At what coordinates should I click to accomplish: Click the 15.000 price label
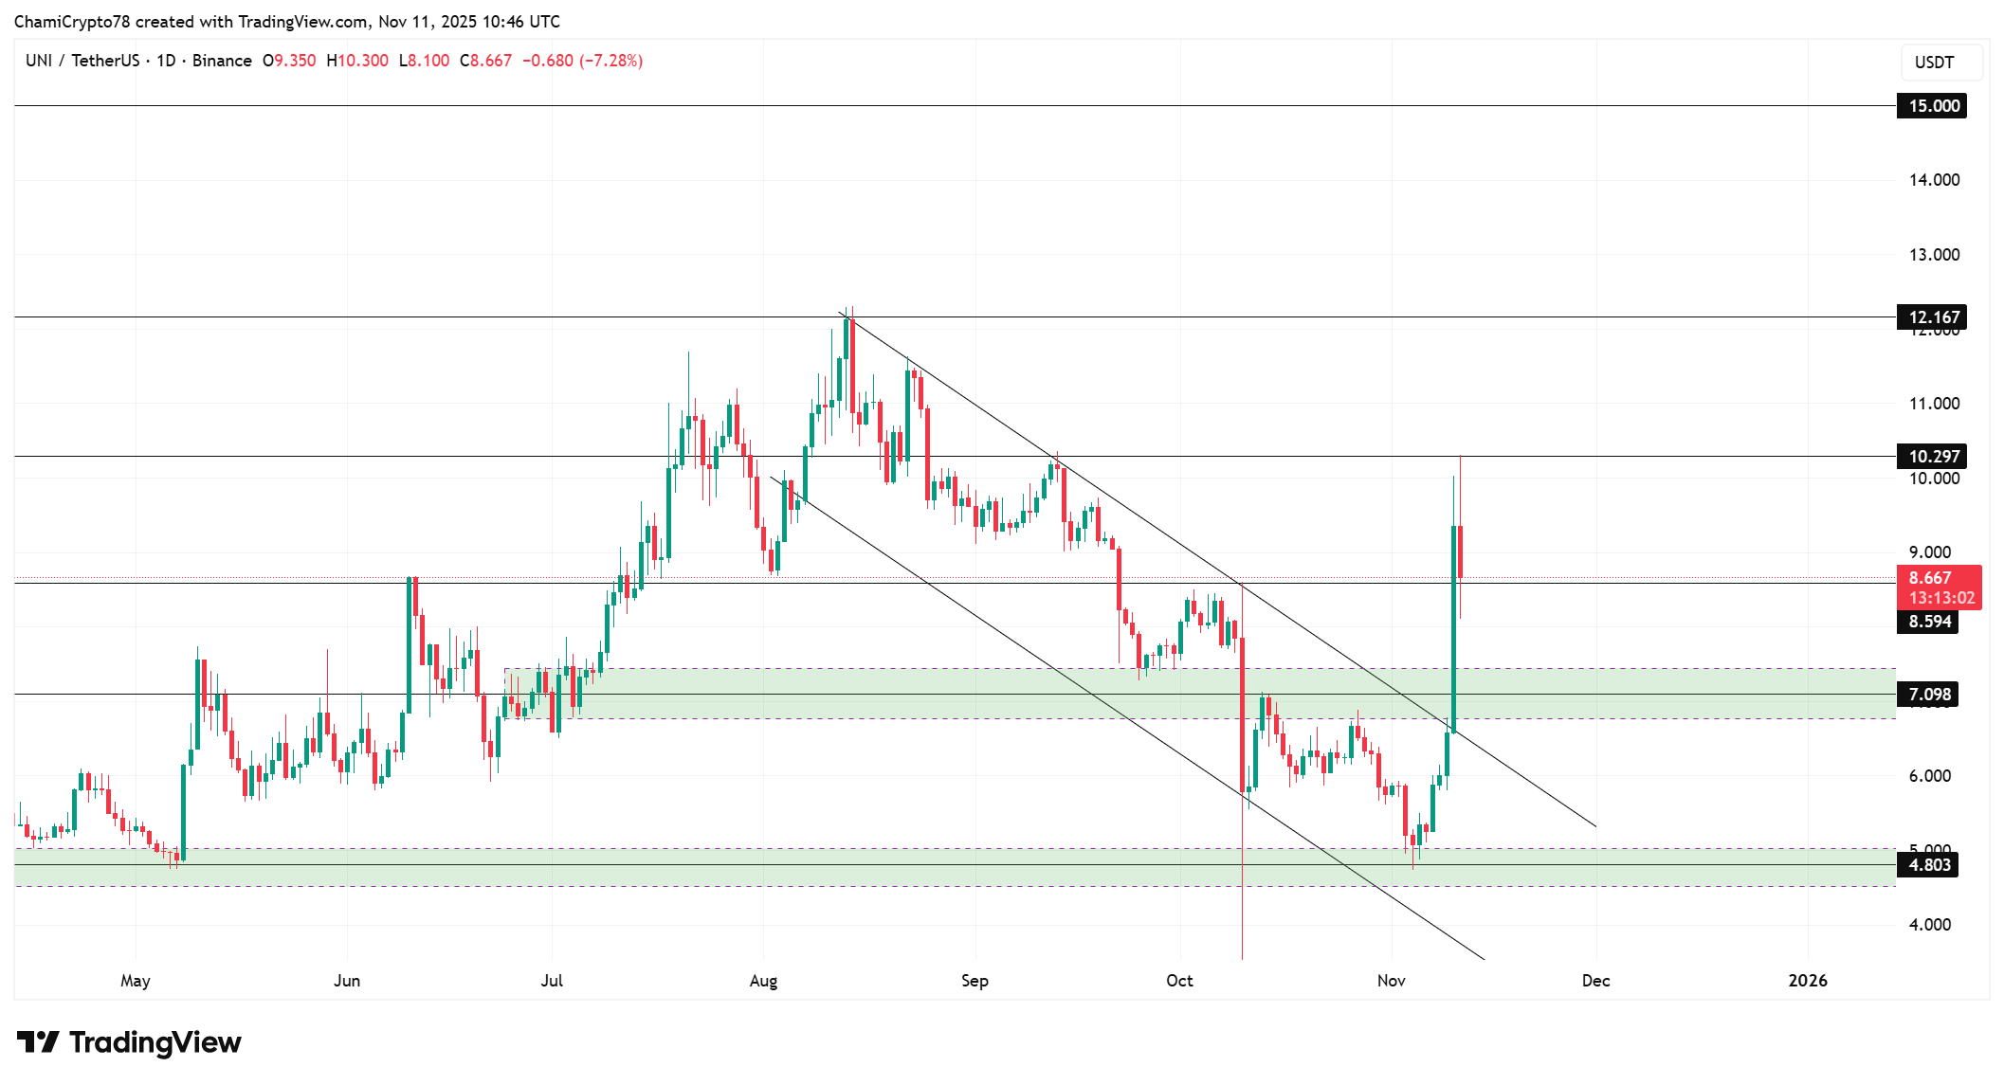coord(1932,106)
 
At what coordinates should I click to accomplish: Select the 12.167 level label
coord(1932,317)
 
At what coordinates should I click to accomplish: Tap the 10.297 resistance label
coord(1932,457)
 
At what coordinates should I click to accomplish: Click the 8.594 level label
coord(1928,622)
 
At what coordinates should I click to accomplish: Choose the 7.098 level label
coord(1928,695)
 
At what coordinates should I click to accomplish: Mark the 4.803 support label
coord(1928,865)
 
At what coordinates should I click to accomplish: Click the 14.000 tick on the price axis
coord(1933,180)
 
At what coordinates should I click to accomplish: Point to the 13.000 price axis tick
coord(1933,255)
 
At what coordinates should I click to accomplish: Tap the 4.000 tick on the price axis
coord(1929,925)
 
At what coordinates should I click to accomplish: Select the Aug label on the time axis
coord(763,981)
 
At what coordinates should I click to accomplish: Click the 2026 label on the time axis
coord(1807,981)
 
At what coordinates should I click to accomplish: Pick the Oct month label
coord(1179,981)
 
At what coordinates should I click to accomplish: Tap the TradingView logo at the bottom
coord(129,1042)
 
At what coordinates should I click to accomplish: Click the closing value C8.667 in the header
coord(486,61)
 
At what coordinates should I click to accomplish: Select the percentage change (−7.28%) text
coord(611,61)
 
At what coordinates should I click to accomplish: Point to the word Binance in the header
coord(222,61)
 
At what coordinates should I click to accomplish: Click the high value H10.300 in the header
coord(357,61)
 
